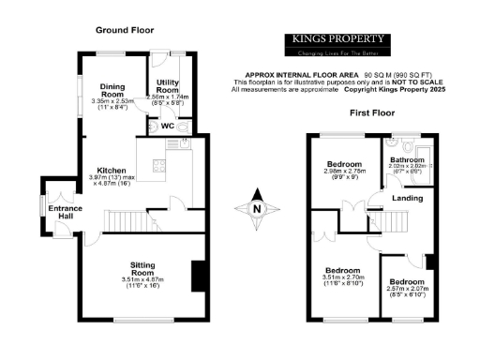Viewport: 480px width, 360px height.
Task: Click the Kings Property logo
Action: (x=335, y=44)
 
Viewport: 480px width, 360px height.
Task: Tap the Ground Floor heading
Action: (x=125, y=31)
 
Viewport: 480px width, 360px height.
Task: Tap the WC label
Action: (x=167, y=125)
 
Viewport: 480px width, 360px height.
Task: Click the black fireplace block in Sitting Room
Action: (x=197, y=276)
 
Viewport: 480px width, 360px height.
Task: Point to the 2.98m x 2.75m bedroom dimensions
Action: (x=344, y=174)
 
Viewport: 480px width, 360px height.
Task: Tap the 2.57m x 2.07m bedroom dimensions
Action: (x=407, y=292)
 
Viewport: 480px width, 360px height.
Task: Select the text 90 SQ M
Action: (x=377, y=73)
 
